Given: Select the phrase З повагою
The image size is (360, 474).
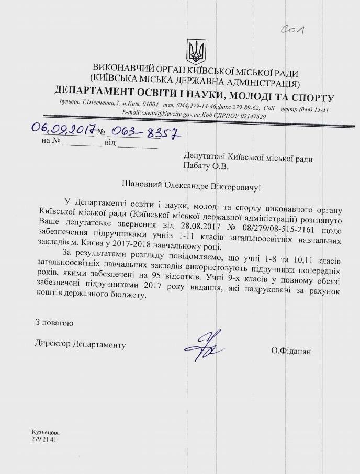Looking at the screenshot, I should pyautogui.click(x=50, y=322).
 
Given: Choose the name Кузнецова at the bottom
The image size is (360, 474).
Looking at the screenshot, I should pyautogui.click(x=46, y=433).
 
